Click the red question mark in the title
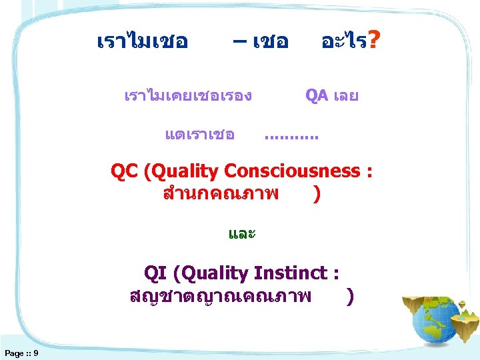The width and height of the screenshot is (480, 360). (375, 42)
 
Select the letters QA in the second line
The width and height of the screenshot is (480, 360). (317, 95)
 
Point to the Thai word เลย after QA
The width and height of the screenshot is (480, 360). (345, 95)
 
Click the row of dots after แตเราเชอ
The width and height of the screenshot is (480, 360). (291, 137)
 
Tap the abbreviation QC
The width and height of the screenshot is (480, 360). (124, 171)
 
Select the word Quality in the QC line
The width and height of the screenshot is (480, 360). (187, 171)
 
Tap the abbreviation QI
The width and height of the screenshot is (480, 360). (156, 273)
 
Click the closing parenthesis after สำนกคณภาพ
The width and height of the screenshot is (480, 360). (316, 193)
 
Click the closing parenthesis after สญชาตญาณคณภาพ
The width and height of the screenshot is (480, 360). (351, 295)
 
